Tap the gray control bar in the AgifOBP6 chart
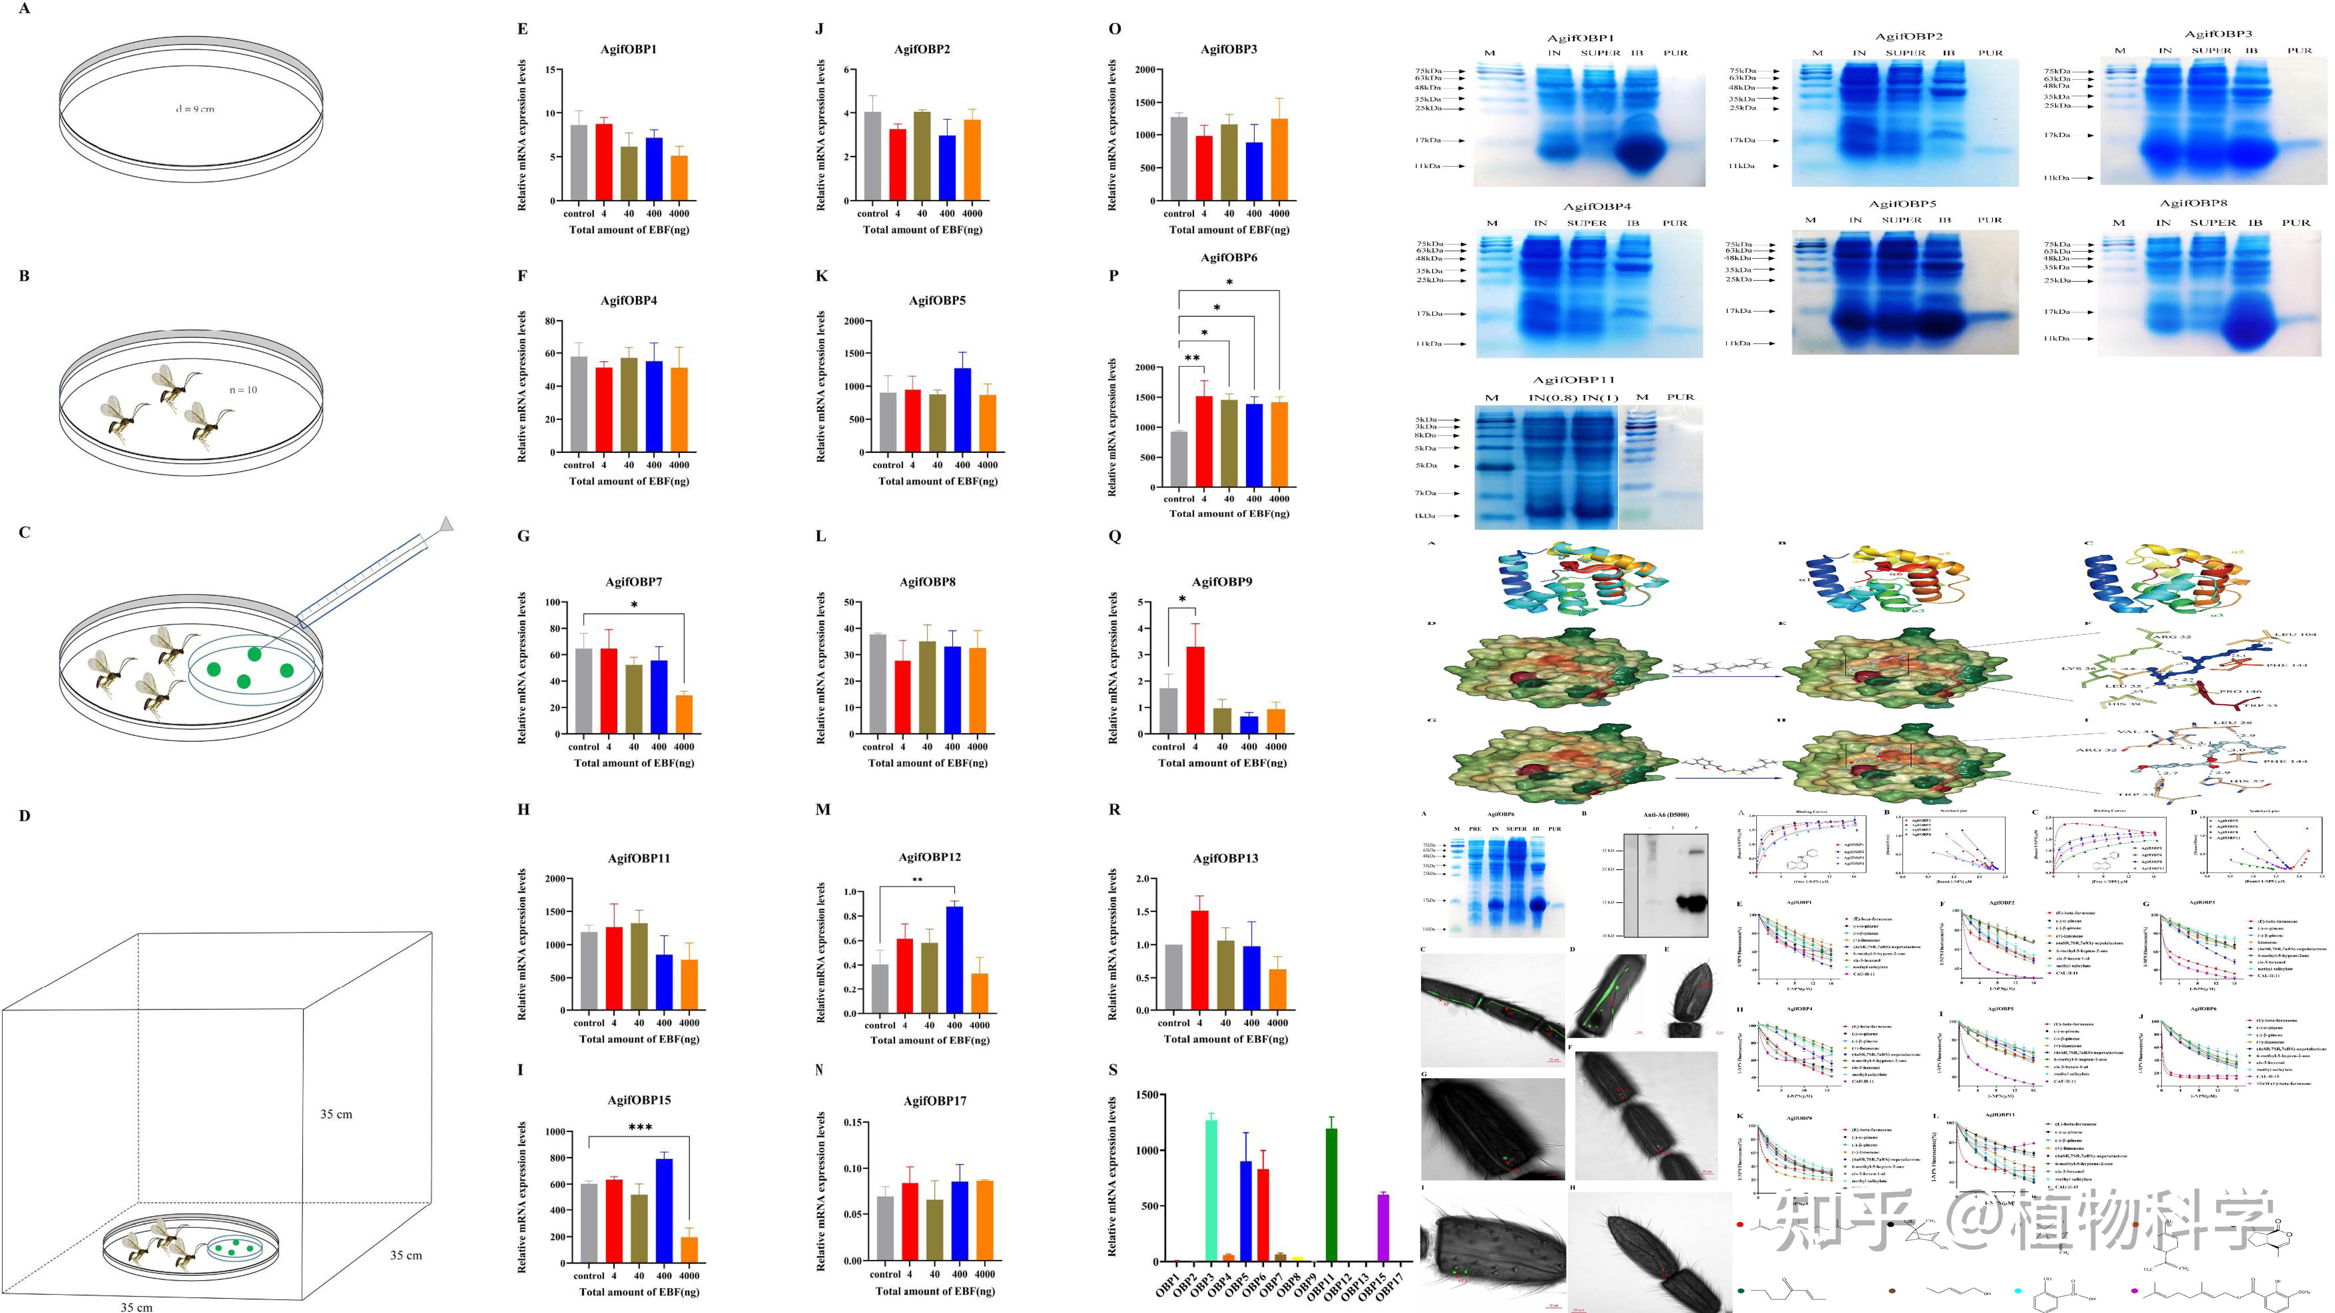pos(1178,458)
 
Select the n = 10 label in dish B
pos(243,390)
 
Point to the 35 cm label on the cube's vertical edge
pos(336,1114)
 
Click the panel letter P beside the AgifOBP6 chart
pos(1114,275)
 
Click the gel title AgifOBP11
pos(1573,380)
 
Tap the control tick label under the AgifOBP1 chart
pos(578,214)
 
